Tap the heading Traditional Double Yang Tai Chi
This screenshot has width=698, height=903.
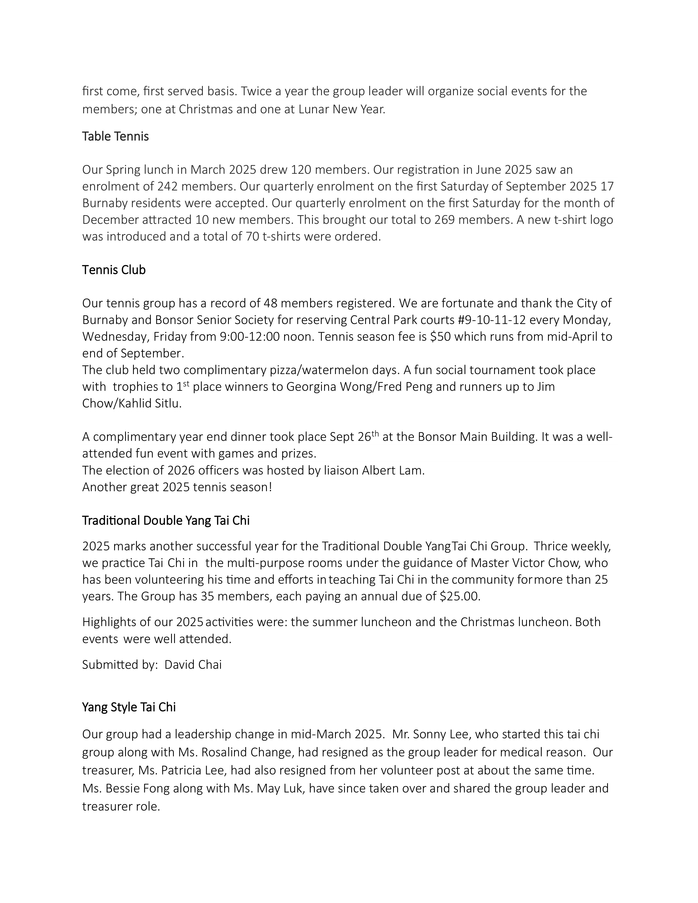pyautogui.click(x=166, y=520)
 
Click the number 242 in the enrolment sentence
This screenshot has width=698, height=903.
pyautogui.click(x=168, y=186)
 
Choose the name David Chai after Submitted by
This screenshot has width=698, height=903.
pyautogui.click(x=193, y=664)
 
